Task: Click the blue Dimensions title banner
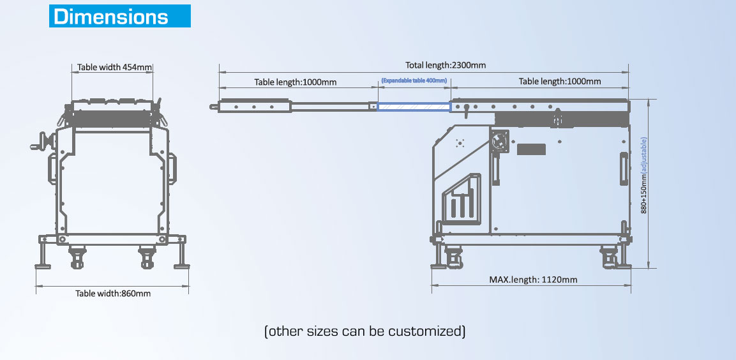coord(120,17)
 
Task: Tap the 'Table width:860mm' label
coord(113,293)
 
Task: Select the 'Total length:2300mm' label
coord(446,65)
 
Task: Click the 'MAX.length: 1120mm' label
coord(533,279)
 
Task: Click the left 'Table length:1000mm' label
coord(296,82)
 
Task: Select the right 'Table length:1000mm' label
coord(560,81)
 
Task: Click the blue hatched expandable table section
coord(414,107)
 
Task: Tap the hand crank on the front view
coord(40,142)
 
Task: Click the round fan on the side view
coord(500,142)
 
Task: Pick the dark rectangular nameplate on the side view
coord(532,149)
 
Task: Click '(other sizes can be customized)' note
coord(364,331)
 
